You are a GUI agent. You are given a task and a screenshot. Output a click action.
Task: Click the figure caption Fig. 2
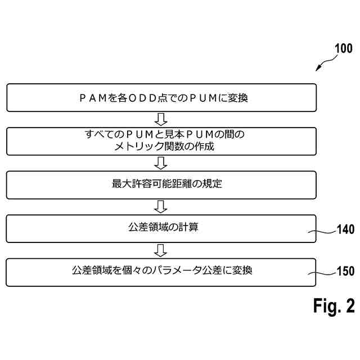tap(334, 305)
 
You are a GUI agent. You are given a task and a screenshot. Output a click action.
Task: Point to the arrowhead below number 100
tap(318, 69)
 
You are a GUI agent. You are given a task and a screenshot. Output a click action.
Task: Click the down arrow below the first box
tap(161, 119)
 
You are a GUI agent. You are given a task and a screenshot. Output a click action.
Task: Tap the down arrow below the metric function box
tap(161, 163)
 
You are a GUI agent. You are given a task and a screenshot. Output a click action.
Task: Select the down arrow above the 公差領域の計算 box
tap(161, 206)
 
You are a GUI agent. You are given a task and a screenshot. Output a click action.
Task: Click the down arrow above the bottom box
tap(161, 249)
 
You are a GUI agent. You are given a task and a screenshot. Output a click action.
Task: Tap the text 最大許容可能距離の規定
tap(161, 184)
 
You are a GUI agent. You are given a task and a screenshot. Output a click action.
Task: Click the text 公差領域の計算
tap(161, 227)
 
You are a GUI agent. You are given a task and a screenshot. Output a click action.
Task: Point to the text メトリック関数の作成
tap(161, 146)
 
